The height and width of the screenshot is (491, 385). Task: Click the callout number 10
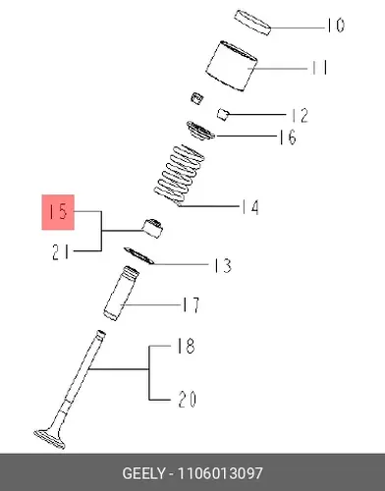[335, 26]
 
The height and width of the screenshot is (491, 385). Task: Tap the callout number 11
[318, 68]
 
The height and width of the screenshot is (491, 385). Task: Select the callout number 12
[300, 116]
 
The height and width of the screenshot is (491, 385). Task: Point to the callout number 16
[288, 136]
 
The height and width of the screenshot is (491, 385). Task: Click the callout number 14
[250, 207]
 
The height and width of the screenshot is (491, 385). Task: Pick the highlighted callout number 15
[58, 212]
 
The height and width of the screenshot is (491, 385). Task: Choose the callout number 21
[61, 252]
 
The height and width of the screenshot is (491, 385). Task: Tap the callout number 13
[223, 265]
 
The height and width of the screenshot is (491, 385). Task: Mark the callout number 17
[191, 305]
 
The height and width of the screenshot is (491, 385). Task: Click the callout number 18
[186, 346]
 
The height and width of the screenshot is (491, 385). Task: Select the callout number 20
[188, 400]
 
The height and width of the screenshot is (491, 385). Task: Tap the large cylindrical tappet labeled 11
[232, 66]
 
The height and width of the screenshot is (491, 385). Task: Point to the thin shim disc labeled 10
[252, 23]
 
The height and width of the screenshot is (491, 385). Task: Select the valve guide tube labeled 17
[121, 294]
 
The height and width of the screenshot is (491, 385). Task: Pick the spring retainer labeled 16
[200, 131]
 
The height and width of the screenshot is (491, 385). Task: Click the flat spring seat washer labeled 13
[139, 255]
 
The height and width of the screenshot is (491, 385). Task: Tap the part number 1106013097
[220, 473]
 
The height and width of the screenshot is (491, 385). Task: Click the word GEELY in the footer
[143, 473]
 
